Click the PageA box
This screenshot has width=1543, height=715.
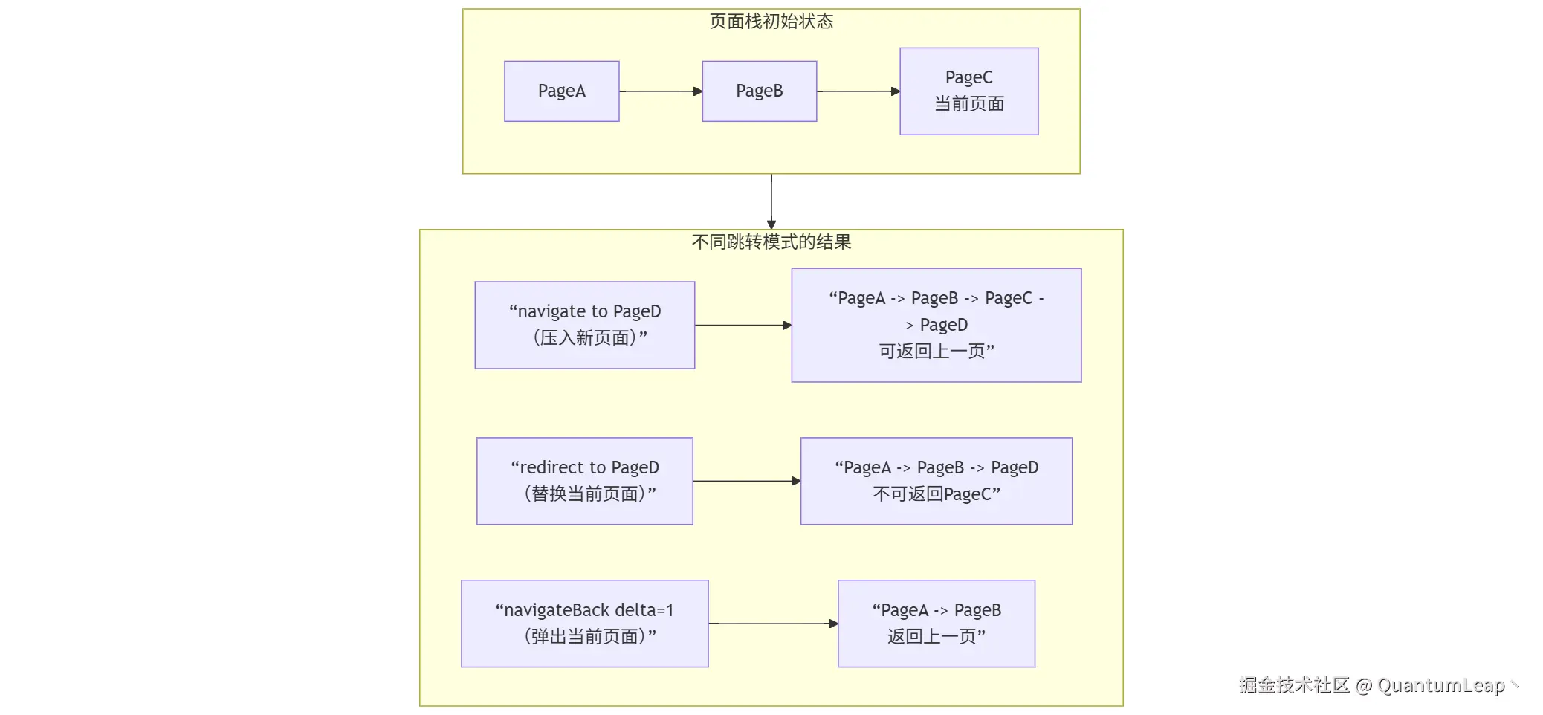[x=561, y=91]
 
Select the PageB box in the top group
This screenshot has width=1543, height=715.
[x=759, y=91]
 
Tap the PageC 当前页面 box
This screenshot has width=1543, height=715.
[x=968, y=91]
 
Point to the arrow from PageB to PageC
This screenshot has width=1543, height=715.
[x=857, y=91]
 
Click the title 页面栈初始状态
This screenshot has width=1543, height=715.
[x=771, y=22]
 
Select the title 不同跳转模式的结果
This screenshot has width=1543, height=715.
[x=771, y=242]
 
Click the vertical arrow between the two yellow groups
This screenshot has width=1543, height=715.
[x=771, y=201]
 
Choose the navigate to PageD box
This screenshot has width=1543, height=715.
[x=584, y=325]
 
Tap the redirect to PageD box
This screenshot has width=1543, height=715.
[x=584, y=481]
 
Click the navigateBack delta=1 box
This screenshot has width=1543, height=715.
[x=584, y=624]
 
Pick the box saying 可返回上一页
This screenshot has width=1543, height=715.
[x=936, y=325]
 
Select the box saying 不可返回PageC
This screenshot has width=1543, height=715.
[x=936, y=481]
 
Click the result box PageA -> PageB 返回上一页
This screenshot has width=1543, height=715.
[x=936, y=624]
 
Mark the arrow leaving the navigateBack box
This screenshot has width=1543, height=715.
[x=772, y=624]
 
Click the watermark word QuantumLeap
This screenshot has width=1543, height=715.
[x=1440, y=685]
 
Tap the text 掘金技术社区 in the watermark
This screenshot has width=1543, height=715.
[x=1293, y=685]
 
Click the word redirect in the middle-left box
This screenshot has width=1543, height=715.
[x=551, y=467]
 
